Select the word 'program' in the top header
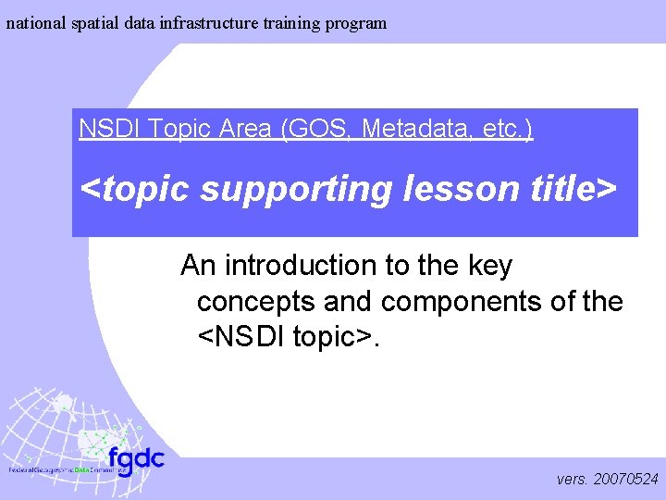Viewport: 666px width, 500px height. pos(355,23)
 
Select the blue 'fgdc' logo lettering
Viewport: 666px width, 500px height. pos(135,459)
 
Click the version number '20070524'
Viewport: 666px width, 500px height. pos(626,480)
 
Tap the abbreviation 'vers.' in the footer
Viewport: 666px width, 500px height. pos(573,480)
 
